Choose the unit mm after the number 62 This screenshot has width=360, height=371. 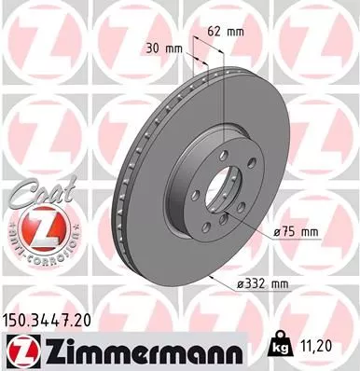pyautogui.click(x=236, y=31)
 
